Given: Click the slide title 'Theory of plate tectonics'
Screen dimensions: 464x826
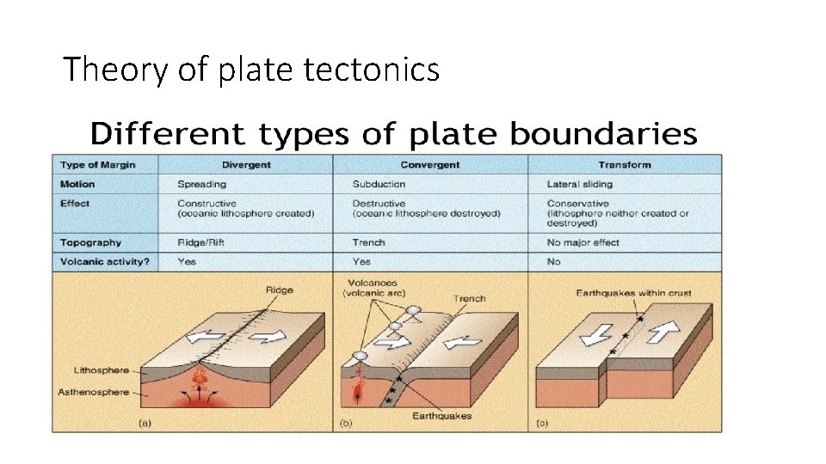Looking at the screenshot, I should click(251, 70).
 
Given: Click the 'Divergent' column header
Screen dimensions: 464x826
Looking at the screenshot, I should click(246, 164).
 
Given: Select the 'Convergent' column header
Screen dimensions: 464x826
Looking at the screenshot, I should click(429, 164).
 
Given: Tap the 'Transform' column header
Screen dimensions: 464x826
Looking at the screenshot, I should click(625, 164).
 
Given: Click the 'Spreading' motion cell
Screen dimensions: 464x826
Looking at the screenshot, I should click(201, 184).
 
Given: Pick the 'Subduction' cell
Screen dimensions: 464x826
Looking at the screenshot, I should click(379, 184).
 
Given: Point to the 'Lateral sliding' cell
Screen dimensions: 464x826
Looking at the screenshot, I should click(580, 184).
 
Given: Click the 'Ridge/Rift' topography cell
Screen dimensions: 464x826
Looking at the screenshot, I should click(201, 242).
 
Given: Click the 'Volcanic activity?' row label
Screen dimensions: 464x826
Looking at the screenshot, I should click(104, 261).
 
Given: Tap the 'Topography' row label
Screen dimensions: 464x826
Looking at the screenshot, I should click(90, 242).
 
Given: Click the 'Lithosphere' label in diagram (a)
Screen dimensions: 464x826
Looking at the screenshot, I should click(101, 371).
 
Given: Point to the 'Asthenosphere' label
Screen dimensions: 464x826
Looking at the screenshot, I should click(95, 393).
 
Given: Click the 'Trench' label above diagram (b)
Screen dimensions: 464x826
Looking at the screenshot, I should click(469, 299).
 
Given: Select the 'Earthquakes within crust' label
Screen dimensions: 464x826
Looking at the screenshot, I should click(633, 293).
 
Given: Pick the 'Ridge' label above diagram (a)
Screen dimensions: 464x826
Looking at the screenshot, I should click(280, 290).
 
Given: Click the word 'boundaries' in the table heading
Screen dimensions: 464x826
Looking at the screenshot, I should click(603, 134).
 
